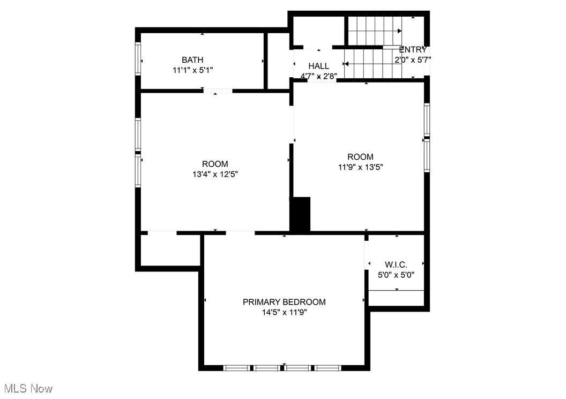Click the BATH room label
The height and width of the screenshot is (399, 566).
[192, 60]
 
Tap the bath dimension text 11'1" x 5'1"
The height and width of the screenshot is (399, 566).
[192, 70]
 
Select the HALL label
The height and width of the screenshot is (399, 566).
[318, 66]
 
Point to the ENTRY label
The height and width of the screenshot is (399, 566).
[413, 50]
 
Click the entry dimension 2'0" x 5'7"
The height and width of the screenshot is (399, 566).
[413, 60]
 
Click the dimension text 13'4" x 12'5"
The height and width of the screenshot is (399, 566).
[214, 174]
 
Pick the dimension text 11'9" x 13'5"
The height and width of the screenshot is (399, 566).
[360, 167]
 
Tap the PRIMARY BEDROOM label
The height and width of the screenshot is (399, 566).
[284, 302]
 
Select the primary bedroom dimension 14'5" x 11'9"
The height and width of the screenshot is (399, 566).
[284, 312]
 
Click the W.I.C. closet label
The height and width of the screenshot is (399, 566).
[396, 264]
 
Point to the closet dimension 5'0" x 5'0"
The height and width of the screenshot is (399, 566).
[396, 275]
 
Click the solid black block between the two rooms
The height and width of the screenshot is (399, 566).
[301, 215]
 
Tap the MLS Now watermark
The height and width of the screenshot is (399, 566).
[28, 388]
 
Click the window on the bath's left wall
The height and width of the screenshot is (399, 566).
[138, 58]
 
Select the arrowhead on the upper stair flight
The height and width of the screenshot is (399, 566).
[399, 31]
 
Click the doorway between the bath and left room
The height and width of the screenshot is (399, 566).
[217, 91]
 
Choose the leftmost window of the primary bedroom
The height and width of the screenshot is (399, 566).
[236, 368]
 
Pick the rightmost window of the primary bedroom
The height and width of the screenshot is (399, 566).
[328, 368]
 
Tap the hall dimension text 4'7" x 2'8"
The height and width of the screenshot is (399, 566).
[318, 76]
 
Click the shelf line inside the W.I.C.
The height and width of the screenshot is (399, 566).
[396, 291]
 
